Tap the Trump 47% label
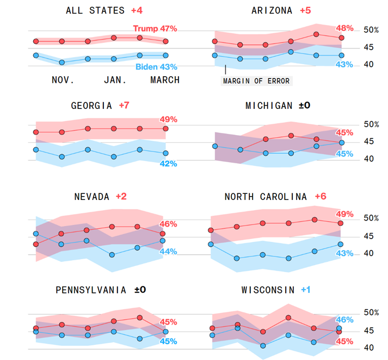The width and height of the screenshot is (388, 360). [x=155, y=28]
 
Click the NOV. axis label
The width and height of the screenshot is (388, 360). [x=63, y=80]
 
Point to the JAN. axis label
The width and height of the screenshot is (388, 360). [x=115, y=80]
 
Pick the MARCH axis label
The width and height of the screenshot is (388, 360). [x=164, y=80]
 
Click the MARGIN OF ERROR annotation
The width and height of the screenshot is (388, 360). [x=256, y=81]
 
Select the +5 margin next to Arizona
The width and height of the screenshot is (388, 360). [x=307, y=10]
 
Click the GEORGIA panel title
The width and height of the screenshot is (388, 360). [x=91, y=105]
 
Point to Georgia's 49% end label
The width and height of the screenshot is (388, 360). [x=168, y=119]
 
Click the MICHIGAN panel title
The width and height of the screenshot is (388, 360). [x=269, y=105]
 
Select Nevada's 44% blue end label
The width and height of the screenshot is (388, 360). [x=168, y=252]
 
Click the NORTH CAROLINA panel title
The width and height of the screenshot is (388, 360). [x=265, y=197]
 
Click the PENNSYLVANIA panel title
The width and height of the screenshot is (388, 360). [x=91, y=290]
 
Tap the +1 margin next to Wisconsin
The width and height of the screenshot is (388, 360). [x=306, y=290]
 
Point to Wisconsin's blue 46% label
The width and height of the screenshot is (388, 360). [x=344, y=320]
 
